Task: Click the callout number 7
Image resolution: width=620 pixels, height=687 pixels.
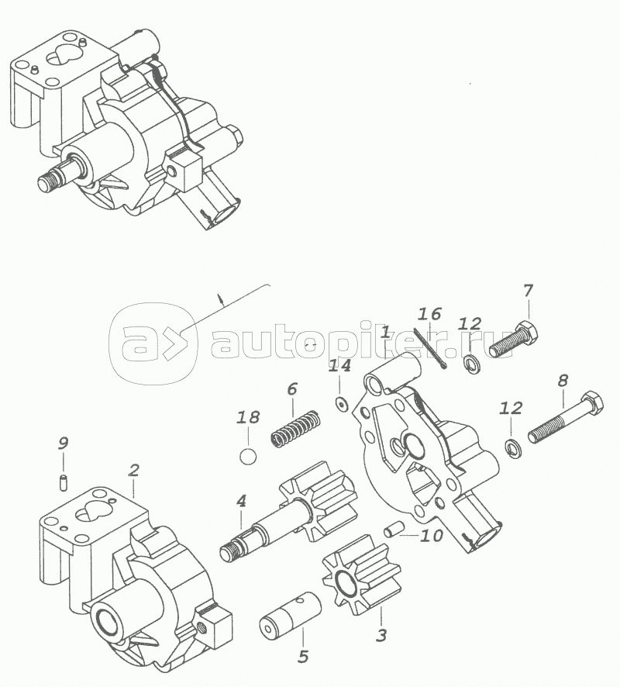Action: pos(528,291)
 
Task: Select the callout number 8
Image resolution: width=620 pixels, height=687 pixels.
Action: pos(563,381)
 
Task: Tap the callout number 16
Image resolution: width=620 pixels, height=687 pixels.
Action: pos(429,314)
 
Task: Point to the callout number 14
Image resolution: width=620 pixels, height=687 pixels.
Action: pos(340,365)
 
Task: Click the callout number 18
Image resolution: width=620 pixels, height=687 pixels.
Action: pos(248,416)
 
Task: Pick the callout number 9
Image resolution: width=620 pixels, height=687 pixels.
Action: pos(64,444)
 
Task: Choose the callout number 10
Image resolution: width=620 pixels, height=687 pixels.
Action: pos(431,535)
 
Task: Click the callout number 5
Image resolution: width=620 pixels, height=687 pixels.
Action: pos(303,656)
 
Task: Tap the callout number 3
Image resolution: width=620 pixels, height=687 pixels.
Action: pos(382,635)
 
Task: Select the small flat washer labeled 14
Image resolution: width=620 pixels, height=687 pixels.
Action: pos(339,402)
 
